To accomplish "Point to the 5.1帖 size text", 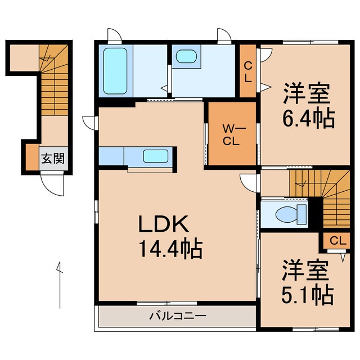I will click(x=306, y=294).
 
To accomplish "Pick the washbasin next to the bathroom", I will click(x=185, y=57).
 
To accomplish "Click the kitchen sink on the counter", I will click(x=154, y=156).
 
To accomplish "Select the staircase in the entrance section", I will click(x=53, y=84).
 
